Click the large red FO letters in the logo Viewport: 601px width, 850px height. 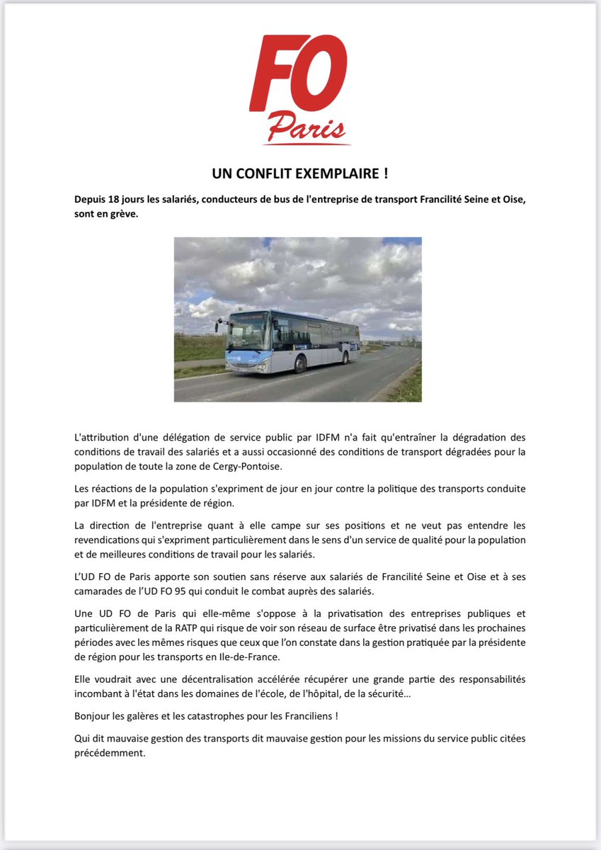click(x=297, y=74)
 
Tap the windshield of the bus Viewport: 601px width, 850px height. click(x=248, y=331)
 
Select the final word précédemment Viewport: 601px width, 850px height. click(x=109, y=753)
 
